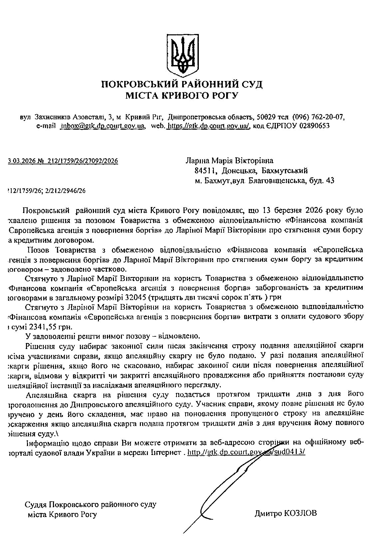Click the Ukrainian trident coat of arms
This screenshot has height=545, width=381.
[x=182, y=55]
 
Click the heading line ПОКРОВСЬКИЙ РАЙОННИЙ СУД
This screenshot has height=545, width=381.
[x=182, y=84]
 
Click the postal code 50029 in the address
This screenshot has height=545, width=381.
[x=264, y=117]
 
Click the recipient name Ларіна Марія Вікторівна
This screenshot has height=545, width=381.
[x=229, y=161]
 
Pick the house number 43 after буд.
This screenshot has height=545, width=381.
[x=330, y=181]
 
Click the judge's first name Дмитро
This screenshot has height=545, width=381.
[x=267, y=513]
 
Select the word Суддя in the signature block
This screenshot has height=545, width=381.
[x=36, y=505]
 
